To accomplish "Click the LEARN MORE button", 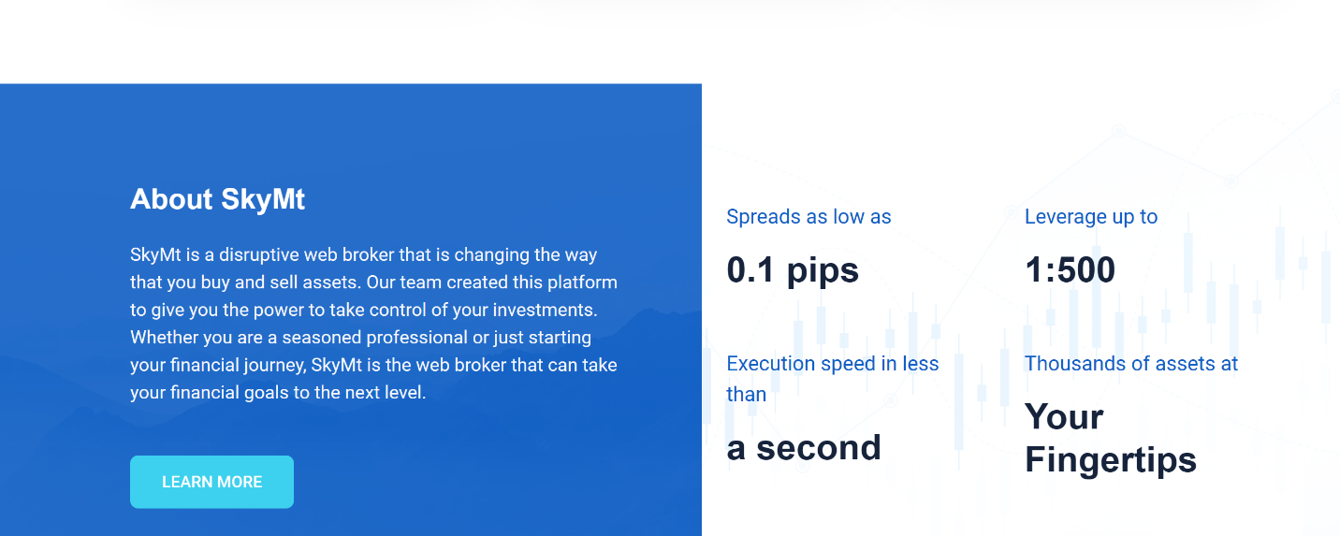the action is (x=211, y=482).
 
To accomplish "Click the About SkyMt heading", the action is (x=218, y=200).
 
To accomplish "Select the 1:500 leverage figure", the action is (x=1071, y=269).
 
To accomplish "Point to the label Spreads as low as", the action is (x=808, y=217).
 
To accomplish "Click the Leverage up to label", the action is (x=1091, y=217).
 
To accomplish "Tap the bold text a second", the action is (x=804, y=448).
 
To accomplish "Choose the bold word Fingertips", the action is (x=1111, y=461).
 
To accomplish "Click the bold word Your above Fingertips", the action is (x=1064, y=417).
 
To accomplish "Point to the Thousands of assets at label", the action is (x=1131, y=364).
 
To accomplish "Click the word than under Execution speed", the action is (x=747, y=395).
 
